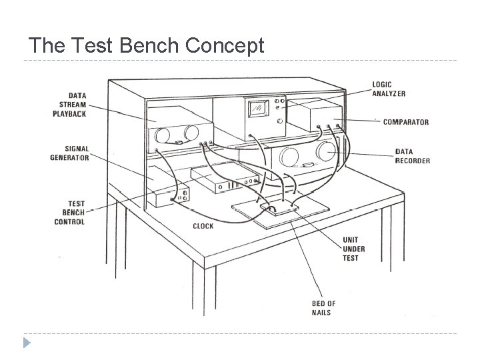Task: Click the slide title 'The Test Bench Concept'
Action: point(147,45)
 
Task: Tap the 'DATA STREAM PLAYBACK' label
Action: point(69,105)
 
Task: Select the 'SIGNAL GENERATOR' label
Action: point(69,153)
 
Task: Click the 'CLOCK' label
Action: point(203,226)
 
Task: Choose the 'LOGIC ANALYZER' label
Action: point(389,89)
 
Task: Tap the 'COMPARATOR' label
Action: point(405,122)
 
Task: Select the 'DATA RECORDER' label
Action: point(412,156)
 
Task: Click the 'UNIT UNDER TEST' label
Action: point(351,248)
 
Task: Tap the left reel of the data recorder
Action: point(289,157)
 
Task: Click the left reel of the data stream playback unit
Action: point(162,135)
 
